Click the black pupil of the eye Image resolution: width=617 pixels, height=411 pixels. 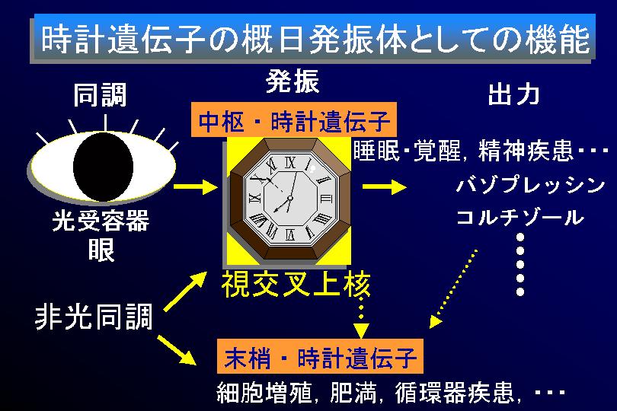click(x=103, y=167)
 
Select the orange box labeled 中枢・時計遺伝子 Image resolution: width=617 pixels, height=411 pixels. click(x=293, y=119)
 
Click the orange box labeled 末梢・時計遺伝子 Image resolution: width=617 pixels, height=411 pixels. click(x=320, y=356)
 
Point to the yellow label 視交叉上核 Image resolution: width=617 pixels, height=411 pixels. click(x=296, y=284)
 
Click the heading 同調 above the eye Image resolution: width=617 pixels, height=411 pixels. click(x=100, y=95)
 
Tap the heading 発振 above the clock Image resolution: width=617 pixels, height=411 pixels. click(x=292, y=81)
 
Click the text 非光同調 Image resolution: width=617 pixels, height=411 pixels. click(x=94, y=317)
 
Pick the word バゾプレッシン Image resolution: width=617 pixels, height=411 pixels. click(x=531, y=185)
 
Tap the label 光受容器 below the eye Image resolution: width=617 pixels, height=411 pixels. click(x=101, y=220)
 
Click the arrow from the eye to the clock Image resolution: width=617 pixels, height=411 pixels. click(x=196, y=186)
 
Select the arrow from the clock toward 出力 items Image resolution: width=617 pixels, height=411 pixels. click(x=385, y=186)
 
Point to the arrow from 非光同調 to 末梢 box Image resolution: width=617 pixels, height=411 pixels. click(x=177, y=350)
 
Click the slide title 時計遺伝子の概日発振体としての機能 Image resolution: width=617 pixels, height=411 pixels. click(x=315, y=40)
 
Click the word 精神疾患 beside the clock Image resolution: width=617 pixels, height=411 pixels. click(x=526, y=150)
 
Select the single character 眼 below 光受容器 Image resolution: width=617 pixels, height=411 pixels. click(x=101, y=250)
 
